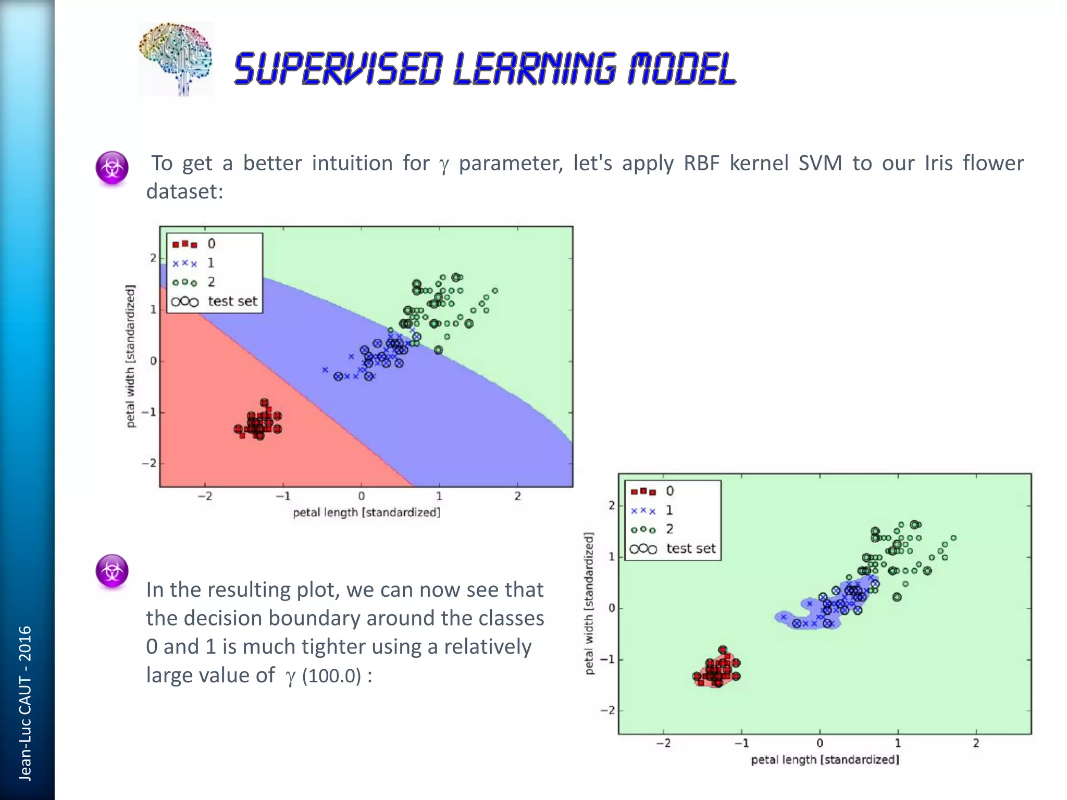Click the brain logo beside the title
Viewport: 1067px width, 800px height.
[x=176, y=58]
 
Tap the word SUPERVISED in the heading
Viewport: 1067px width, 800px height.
[x=339, y=69]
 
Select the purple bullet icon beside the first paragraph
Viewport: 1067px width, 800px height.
[x=112, y=168]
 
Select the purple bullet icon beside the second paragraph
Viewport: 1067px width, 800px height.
[x=112, y=571]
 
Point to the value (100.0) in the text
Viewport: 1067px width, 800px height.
[x=331, y=676]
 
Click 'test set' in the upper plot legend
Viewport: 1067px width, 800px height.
[x=232, y=301]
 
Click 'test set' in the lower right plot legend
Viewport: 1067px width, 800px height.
[x=691, y=548]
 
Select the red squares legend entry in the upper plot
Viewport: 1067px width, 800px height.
[x=185, y=244]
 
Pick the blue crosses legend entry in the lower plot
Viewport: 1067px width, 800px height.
[x=643, y=510]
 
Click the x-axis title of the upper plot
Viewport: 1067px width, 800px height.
[x=366, y=512]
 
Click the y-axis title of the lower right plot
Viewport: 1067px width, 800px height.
[x=589, y=603]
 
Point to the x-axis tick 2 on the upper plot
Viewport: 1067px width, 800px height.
[x=517, y=496]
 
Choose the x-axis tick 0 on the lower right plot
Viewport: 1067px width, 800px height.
[x=820, y=743]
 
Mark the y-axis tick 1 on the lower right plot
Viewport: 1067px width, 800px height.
[x=612, y=557]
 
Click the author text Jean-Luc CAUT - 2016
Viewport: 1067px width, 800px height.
[x=25, y=703]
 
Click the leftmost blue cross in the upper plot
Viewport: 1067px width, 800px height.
[x=325, y=370]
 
